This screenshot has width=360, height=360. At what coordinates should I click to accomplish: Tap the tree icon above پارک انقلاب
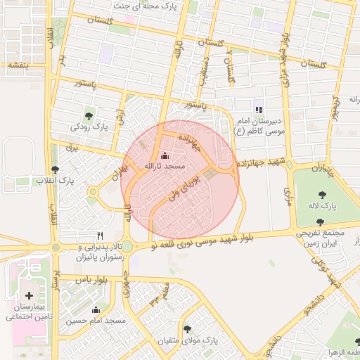[x=56, y=169]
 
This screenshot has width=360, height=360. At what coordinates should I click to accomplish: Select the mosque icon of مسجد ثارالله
[x=165, y=155]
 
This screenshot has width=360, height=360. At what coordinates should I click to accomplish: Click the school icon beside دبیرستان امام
[x=259, y=110]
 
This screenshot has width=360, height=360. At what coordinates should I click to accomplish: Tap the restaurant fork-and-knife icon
[x=101, y=236]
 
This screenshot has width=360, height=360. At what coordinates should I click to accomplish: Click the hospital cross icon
[x=29, y=296]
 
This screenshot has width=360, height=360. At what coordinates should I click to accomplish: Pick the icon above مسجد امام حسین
[x=96, y=310]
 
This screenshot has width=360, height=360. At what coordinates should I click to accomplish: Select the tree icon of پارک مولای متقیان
[x=187, y=328]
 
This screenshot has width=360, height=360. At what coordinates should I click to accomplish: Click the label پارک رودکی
[x=88, y=127]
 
